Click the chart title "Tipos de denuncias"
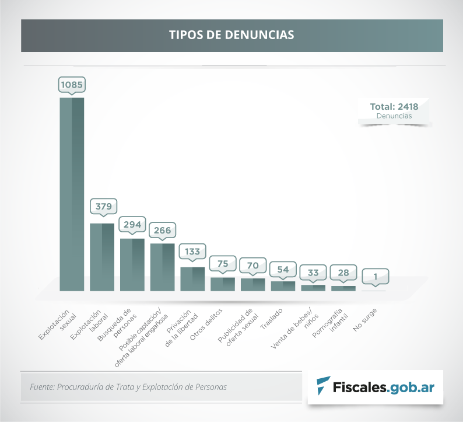coord(232,34)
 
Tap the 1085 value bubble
coord(72,85)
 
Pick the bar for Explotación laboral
coord(102,257)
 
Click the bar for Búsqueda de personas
coord(132,264)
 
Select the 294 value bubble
coord(132,224)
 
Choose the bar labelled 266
coord(162,267)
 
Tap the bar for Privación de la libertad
coord(192,278)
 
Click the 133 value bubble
coord(192,252)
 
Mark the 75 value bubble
coord(222,263)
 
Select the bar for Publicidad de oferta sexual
coord(252,284)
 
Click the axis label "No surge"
coord(365,320)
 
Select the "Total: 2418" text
coord(394,107)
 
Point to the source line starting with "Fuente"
coord(128,386)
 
